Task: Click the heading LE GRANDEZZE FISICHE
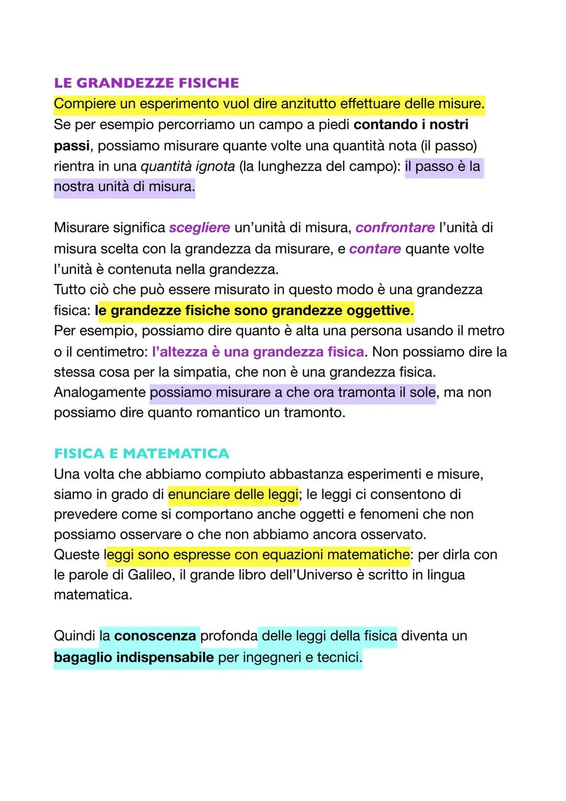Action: [146, 83]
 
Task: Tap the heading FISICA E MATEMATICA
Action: [141, 453]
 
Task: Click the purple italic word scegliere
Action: [199, 228]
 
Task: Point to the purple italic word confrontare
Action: [395, 228]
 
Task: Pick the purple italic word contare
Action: [375, 249]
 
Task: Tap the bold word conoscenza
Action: [155, 636]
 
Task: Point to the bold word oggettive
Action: [378, 311]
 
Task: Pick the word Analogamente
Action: [100, 392]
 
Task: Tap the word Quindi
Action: [74, 636]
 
